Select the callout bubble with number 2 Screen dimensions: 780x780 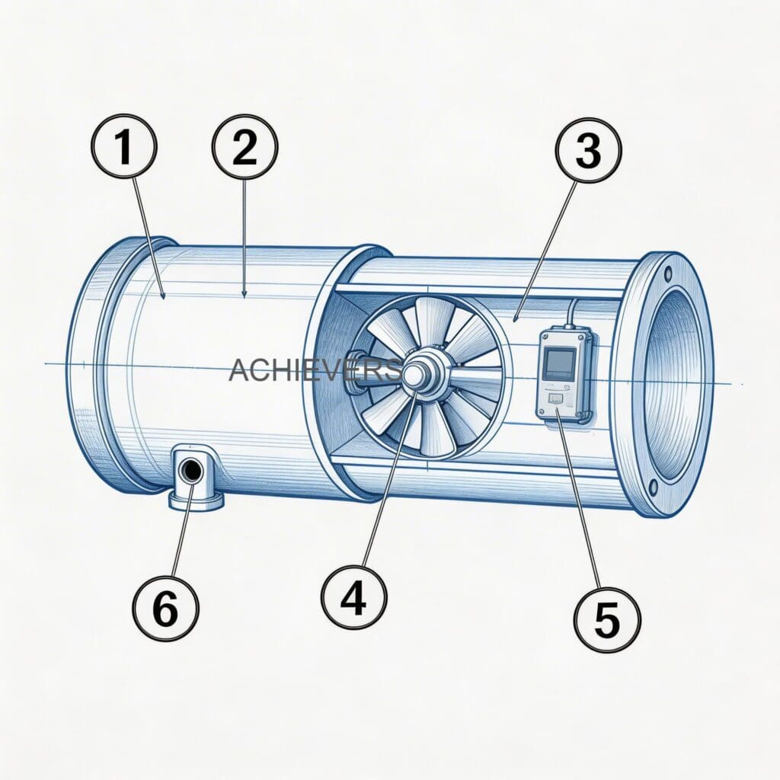pyautogui.click(x=245, y=146)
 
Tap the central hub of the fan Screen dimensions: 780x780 pyautogui.click(x=415, y=374)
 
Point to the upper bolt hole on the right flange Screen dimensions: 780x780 pyautogui.click(x=668, y=272)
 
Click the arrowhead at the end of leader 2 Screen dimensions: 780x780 pyautogui.click(x=244, y=293)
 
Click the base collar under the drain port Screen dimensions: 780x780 pyautogui.click(x=196, y=500)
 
